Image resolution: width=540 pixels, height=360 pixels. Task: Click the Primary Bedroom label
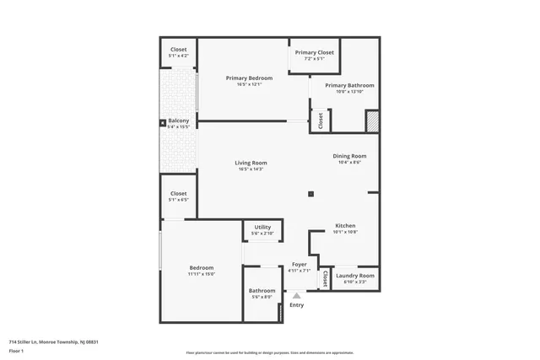pos(249,78)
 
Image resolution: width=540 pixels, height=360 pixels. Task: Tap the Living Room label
pos(251,163)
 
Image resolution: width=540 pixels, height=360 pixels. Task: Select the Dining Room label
pos(349,156)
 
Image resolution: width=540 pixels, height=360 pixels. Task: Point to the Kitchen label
pos(345,226)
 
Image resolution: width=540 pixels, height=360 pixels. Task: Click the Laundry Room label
pos(354,276)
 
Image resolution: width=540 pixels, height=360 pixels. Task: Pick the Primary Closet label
pos(314,52)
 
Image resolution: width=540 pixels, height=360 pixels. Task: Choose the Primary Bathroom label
pos(349,85)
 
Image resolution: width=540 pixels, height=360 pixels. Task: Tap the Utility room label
pos(262,227)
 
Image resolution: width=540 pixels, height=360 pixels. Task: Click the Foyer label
pos(299,265)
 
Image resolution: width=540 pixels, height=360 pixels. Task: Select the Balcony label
pos(178,121)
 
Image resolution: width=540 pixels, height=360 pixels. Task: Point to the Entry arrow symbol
pos(296,295)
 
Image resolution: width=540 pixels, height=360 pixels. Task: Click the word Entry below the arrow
pos(296,304)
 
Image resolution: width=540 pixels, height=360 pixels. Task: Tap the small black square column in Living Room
pos(310,194)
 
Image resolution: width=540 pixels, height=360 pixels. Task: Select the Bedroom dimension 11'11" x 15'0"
pos(201,273)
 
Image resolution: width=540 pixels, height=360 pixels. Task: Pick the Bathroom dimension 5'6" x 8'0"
pos(262,297)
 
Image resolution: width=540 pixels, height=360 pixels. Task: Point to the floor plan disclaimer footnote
pos(269,353)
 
